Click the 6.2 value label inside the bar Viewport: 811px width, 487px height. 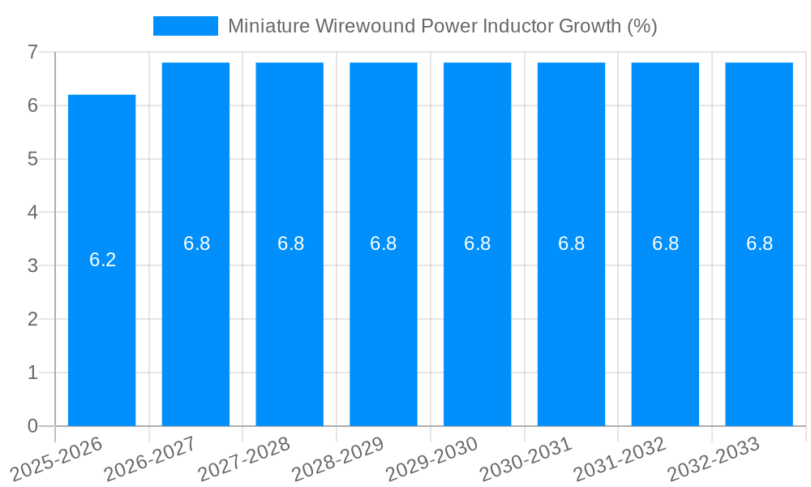coord(102,260)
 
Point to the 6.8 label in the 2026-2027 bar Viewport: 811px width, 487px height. coord(196,243)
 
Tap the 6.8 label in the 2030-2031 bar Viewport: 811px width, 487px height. coord(571,243)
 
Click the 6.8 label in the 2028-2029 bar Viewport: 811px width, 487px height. coord(383,243)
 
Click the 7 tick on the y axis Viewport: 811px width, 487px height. coord(32,52)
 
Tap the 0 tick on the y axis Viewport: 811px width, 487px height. coord(32,426)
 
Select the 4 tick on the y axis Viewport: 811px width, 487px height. coord(32,213)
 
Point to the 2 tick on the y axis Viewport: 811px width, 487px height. coord(32,319)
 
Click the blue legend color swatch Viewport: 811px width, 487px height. coord(186,26)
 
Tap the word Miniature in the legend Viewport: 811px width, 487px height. coord(267,26)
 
